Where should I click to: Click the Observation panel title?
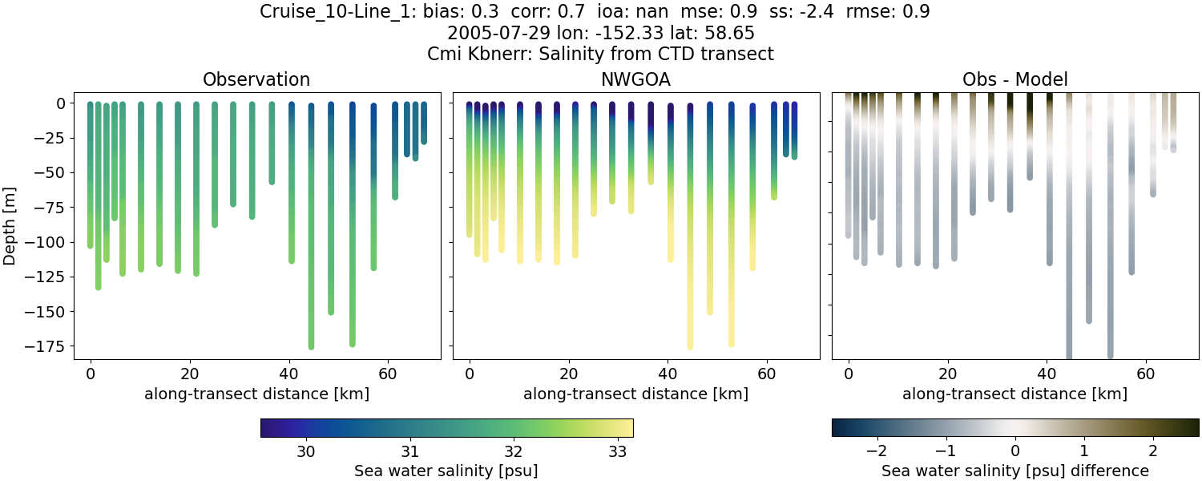tap(256, 79)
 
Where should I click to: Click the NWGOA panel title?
tap(635, 79)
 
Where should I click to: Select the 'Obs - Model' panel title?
tap(1014, 79)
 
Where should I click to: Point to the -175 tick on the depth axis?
tap(54, 346)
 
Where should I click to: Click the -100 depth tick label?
tap(54, 242)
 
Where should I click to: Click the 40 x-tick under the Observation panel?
tap(288, 374)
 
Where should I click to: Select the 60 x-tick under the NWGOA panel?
tap(767, 374)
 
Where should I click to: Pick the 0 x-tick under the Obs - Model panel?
tap(849, 374)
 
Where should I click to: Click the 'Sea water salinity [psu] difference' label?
tap(1014, 471)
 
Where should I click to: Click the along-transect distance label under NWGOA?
tap(635, 394)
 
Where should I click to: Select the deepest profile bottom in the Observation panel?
tap(311, 346)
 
